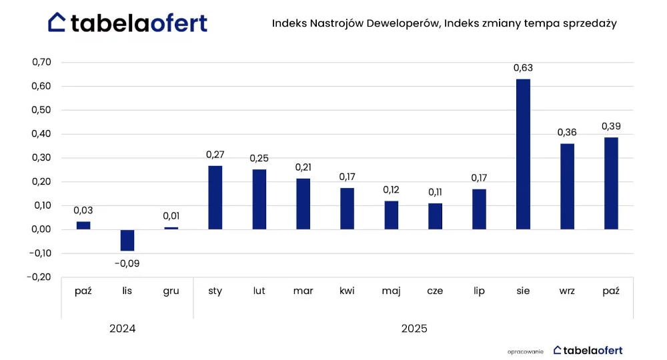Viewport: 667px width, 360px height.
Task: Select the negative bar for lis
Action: (127, 240)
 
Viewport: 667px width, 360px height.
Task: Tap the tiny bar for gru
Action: (171, 228)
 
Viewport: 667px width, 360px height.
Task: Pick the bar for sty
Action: (215, 197)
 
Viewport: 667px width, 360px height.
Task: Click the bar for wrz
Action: (567, 187)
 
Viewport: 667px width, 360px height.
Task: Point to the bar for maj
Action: (392, 215)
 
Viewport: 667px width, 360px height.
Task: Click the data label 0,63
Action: (523, 68)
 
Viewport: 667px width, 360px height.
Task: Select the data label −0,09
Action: (127, 263)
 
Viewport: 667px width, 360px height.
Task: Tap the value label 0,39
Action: (611, 126)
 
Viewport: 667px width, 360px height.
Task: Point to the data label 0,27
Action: (215, 155)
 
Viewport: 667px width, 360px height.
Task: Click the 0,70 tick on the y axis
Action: (41, 62)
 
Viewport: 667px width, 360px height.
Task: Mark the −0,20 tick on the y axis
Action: (39, 277)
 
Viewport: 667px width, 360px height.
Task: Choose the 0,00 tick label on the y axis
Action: (41, 229)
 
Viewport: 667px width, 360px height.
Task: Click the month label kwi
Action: (347, 291)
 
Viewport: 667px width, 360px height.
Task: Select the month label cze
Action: (435, 291)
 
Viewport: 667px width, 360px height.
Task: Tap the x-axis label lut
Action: (259, 291)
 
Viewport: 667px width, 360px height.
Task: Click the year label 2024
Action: (123, 329)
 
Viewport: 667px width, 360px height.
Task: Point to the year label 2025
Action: (414, 329)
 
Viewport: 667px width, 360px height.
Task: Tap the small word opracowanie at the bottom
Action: (526, 352)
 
